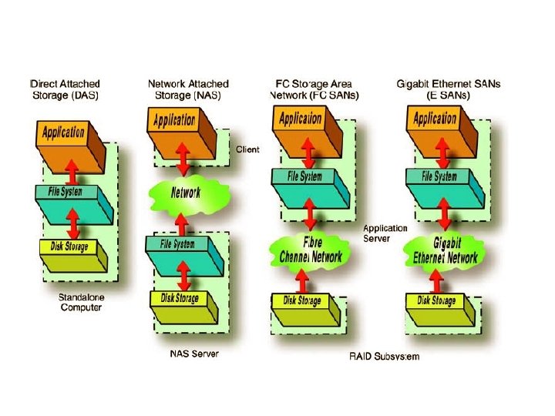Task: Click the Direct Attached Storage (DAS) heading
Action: coord(65,89)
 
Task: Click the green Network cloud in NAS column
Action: coord(185,193)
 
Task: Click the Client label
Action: coord(247,149)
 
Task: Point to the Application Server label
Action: coord(385,233)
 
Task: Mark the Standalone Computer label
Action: coord(81,302)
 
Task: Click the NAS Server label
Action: coord(193,354)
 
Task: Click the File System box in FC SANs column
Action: coord(306,177)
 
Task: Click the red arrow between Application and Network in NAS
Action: coord(184,161)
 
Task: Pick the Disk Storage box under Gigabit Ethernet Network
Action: coord(436,301)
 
